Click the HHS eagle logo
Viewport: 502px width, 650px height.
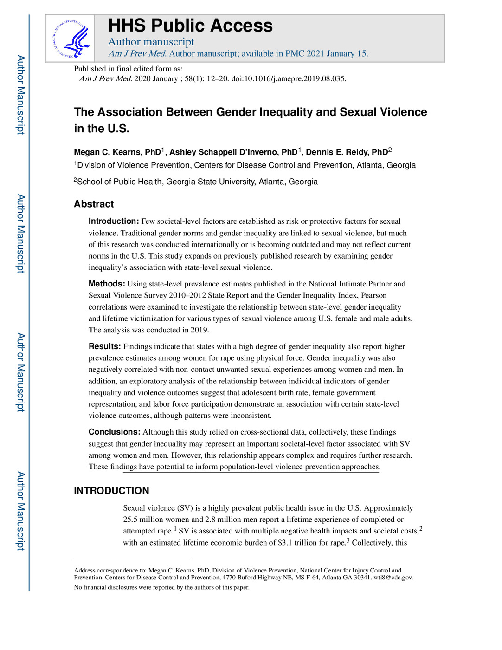pyautogui.click(x=71, y=39)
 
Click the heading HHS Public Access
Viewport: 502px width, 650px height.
pyautogui.click(x=190, y=26)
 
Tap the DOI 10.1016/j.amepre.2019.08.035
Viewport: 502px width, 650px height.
pyautogui.click(x=288, y=78)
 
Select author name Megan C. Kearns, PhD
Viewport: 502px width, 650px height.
pyautogui.click(x=117, y=152)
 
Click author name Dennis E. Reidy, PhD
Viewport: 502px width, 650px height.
pyautogui.click(x=347, y=152)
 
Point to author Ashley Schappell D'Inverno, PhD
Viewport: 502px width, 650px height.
pyautogui.click(x=233, y=152)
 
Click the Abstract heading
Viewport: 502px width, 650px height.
pyautogui.click(x=94, y=204)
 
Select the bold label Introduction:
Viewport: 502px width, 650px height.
pyautogui.click(x=114, y=221)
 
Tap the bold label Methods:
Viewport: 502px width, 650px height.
pyautogui.click(x=107, y=284)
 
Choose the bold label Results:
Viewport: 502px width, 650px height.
pyautogui.click(x=105, y=346)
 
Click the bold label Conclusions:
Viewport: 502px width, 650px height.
pyautogui.click(x=115, y=432)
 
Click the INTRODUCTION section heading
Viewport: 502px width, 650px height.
pyautogui.click(x=111, y=491)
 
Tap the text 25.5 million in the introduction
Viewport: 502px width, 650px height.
pyautogui.click(x=144, y=520)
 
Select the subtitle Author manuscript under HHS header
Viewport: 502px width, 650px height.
pyautogui.click(x=151, y=42)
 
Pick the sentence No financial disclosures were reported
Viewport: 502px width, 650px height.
pyautogui.click(x=161, y=587)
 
